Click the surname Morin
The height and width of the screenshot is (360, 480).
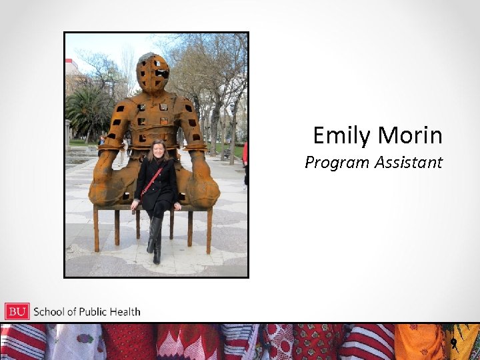pos(410,136)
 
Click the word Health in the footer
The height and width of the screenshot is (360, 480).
pos(126,311)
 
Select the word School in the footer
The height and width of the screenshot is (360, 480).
pos(49,311)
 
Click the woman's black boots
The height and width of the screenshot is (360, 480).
pos(155,240)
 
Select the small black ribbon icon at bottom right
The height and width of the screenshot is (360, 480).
pos(453,344)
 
